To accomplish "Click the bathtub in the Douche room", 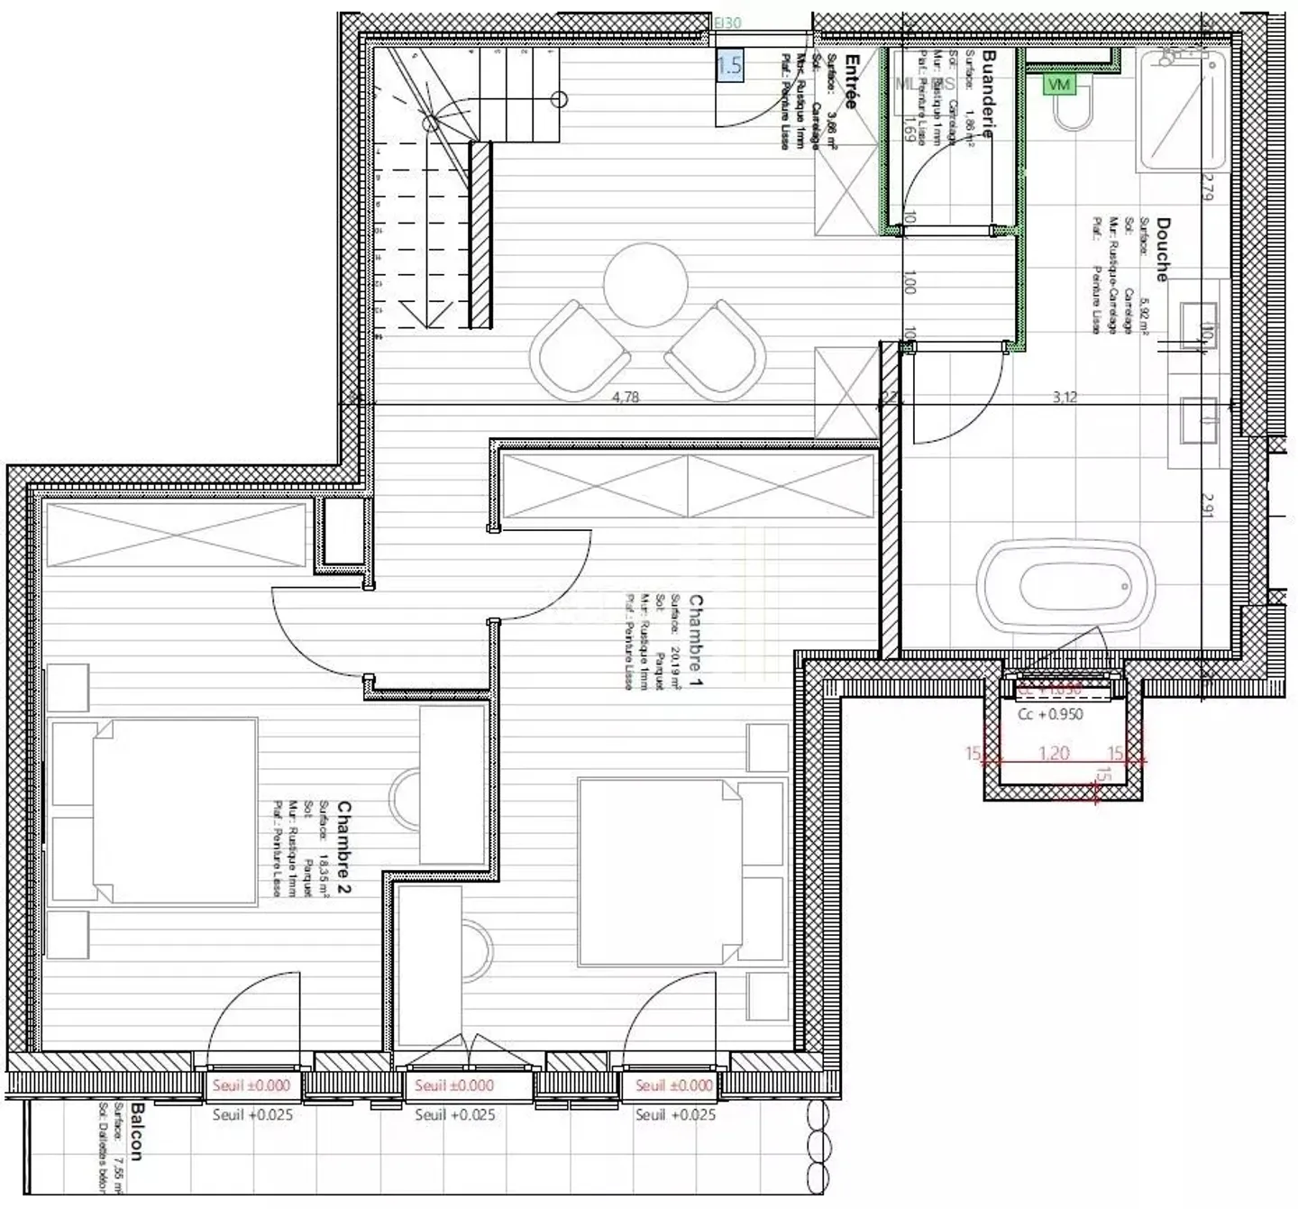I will [1069, 585].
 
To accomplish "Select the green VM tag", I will [1059, 84].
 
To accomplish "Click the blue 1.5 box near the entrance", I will [730, 65].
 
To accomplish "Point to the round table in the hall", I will [646, 284].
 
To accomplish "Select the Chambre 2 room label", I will [344, 847].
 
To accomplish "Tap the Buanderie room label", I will [988, 94].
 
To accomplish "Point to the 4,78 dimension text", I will [626, 397].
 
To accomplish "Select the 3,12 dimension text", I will [1065, 397].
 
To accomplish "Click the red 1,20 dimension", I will [1054, 752].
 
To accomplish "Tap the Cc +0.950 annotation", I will [1050, 714].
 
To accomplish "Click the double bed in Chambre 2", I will [153, 811].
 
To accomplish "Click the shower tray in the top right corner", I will [1182, 113].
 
